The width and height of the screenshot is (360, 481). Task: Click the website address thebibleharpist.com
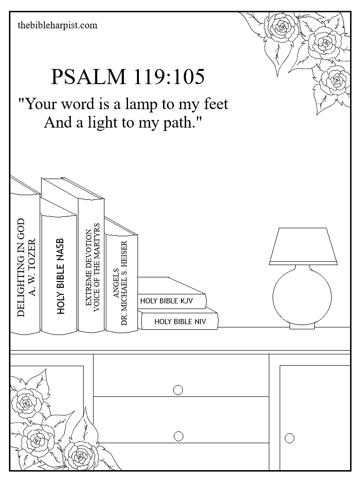point(57,25)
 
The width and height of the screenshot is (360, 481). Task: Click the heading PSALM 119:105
point(128,77)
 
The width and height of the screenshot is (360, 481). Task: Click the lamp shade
point(303,246)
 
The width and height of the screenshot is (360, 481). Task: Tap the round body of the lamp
point(302,297)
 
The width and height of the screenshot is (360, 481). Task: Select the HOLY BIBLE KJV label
point(166,301)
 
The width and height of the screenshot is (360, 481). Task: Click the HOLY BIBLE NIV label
point(180,321)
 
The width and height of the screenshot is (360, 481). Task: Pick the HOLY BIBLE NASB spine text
point(60,276)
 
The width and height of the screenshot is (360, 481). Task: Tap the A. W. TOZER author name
point(32,267)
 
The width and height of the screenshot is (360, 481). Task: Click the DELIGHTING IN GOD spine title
point(20,267)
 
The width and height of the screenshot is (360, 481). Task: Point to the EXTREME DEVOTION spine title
point(88,267)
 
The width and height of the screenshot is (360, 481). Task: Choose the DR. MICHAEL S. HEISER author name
point(124,283)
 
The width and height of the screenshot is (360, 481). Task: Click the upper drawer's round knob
point(178,390)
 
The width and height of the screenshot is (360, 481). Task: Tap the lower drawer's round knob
point(178,436)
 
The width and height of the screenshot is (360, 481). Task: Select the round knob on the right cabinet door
point(290,438)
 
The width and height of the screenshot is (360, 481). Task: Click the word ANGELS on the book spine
point(116,283)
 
